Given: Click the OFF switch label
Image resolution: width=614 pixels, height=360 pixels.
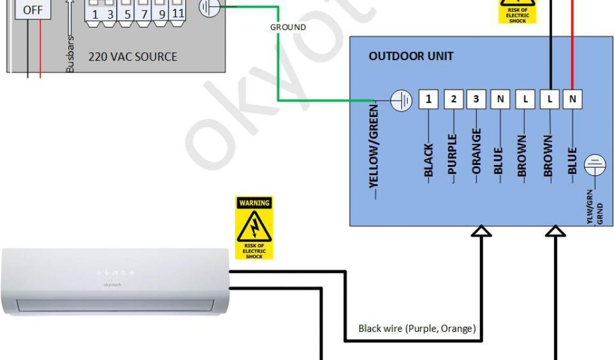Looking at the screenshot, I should pyautogui.click(x=33, y=10).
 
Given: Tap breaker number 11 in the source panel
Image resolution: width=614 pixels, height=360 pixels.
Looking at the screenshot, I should pyautogui.click(x=177, y=13).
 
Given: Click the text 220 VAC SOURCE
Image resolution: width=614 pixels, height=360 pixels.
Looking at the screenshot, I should pyautogui.click(x=133, y=57).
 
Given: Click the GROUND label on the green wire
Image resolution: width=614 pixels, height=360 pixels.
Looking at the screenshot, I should pyautogui.click(x=288, y=27).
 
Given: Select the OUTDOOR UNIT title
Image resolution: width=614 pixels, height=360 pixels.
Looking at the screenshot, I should pyautogui.click(x=411, y=56).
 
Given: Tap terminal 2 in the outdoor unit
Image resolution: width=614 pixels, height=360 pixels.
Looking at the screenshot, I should pyautogui.click(x=454, y=100).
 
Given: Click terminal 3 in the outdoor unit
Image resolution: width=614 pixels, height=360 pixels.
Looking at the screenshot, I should pyautogui.click(x=476, y=100).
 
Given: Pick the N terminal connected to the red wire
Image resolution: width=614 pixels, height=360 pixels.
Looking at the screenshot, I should pyautogui.click(x=573, y=100).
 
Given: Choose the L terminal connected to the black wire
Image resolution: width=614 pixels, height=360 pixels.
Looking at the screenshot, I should pyautogui.click(x=549, y=100).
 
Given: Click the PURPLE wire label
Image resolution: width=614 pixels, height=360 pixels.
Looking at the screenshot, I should pyautogui.click(x=453, y=154).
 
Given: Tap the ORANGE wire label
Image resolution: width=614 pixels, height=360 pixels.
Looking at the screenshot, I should pyautogui.click(x=477, y=150).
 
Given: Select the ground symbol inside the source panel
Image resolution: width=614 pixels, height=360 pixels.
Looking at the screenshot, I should pyautogui.click(x=209, y=8).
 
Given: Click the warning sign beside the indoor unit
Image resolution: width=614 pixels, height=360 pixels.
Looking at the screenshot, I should pyautogui.click(x=254, y=227).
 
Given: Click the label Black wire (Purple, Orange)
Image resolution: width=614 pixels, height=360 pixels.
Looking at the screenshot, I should pyautogui.click(x=417, y=328).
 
